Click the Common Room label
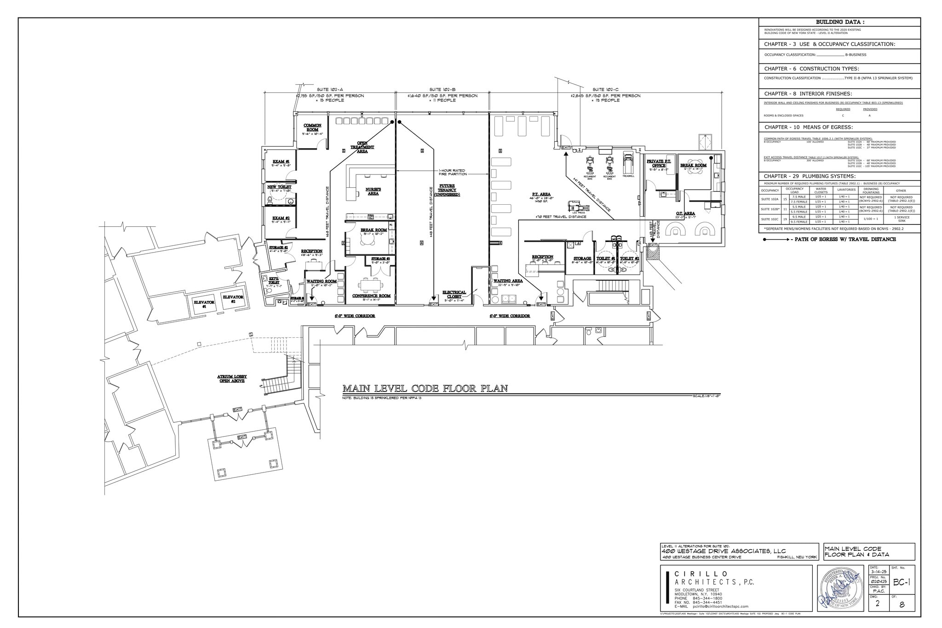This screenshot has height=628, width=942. [312, 127]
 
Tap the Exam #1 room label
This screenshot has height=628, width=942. [281, 161]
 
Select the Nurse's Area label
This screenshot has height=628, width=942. [373, 191]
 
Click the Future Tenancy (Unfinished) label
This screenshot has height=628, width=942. [447, 190]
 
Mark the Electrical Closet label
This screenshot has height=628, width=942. [454, 294]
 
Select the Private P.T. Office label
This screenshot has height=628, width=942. [659, 163]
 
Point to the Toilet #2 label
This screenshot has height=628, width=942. [629, 259]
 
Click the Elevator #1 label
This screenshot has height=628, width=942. [204, 304]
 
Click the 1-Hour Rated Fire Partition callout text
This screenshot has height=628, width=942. [453, 172]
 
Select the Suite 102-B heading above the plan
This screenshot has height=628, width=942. [442, 89]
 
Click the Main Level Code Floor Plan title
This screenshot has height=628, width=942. [425, 389]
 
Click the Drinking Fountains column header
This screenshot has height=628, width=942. [871, 190]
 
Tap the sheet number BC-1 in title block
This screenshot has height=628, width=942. [902, 582]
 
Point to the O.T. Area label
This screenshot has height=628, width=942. [685, 213]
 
